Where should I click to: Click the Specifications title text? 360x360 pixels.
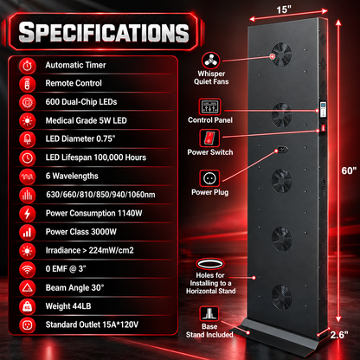tap(104, 32)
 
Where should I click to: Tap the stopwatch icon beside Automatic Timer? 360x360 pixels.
tap(28, 66)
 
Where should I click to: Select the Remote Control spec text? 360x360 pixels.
tap(74, 83)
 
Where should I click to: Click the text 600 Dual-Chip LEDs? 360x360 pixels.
tap(81, 102)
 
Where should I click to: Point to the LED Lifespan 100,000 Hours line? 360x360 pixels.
tap(96, 157)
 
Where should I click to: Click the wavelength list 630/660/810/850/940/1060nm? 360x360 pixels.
tap(100, 195)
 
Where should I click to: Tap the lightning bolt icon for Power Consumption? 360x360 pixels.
tap(28, 214)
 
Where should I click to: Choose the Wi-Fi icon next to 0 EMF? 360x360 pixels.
tap(28, 269)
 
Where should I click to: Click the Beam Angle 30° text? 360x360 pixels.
tap(74, 287)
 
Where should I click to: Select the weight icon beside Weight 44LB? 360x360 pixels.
tap(28, 306)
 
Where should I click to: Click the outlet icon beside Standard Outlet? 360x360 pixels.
tap(28, 325)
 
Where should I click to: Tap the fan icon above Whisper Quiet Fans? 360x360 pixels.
tap(211, 61)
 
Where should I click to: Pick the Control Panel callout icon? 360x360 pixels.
tap(209, 106)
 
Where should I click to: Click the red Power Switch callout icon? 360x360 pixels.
tap(209, 138)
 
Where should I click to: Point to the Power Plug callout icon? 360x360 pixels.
tap(209, 178)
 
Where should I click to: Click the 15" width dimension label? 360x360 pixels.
tap(284, 10)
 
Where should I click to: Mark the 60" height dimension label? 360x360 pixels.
tap(349, 170)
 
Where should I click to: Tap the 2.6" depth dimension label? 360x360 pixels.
tap(339, 335)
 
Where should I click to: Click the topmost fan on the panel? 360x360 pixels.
tap(281, 55)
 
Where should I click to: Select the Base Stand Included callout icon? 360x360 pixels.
tap(209, 313)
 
